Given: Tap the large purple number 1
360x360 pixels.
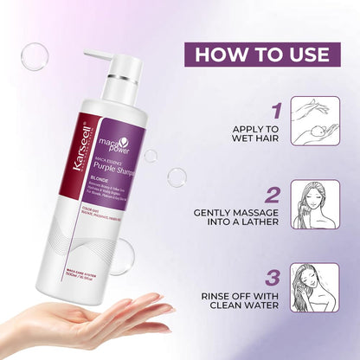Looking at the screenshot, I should click(x=275, y=112).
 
